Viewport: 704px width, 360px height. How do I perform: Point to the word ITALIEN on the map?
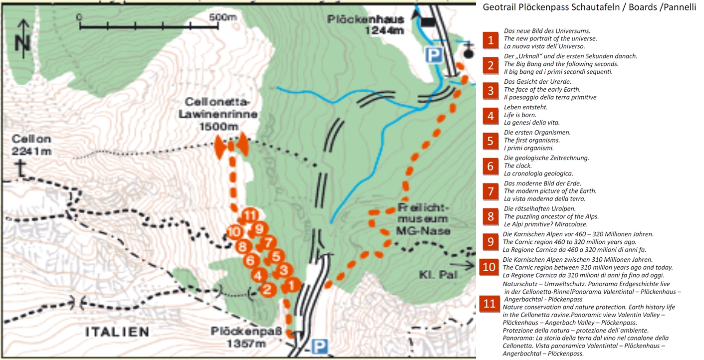point(117,332)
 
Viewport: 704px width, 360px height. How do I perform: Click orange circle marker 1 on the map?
point(292,285)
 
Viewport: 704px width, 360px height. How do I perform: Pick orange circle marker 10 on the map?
point(235,232)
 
